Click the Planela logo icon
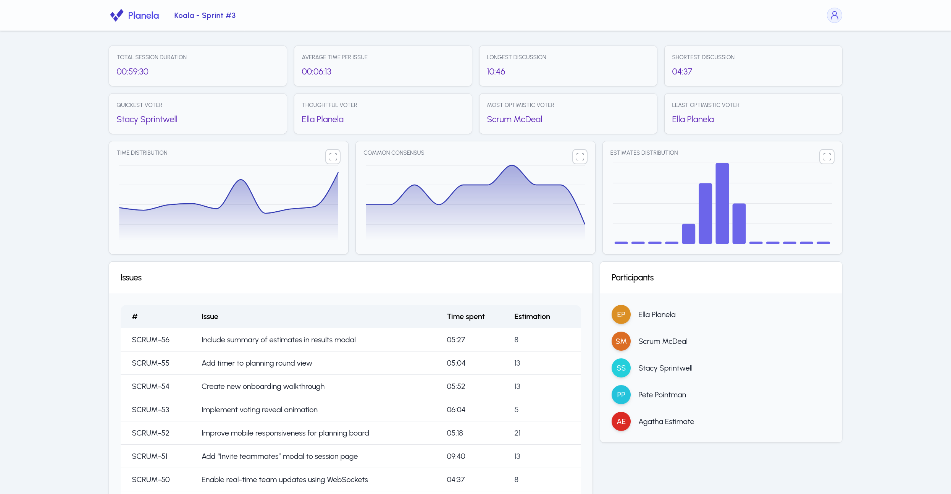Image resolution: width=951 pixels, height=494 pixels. point(117,15)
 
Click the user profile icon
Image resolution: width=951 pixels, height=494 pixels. point(834,15)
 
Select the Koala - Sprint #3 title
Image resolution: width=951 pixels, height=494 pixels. point(205,15)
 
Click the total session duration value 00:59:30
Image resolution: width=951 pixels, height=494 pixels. point(132,71)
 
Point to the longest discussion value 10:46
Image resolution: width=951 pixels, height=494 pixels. point(496,71)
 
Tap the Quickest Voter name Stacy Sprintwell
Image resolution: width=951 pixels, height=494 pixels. point(147,119)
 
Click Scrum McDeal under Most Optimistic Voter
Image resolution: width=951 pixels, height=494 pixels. point(514,119)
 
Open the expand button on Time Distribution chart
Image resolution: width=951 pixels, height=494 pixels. point(333,157)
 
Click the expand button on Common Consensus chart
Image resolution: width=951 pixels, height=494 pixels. point(580,157)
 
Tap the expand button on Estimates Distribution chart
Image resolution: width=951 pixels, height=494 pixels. point(827,157)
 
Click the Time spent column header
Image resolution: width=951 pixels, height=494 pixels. point(465,316)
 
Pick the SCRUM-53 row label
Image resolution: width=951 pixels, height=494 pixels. point(150,410)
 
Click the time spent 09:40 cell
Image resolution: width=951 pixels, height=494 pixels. point(456,456)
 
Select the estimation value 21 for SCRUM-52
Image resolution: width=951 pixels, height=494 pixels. point(517,433)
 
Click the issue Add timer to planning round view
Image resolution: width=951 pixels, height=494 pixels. point(257,363)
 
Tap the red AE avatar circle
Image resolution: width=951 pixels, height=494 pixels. point(621,421)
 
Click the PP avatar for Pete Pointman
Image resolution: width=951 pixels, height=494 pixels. point(621,395)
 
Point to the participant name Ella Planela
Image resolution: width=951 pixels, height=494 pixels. point(657,314)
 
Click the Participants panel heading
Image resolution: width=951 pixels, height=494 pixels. point(632,277)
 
